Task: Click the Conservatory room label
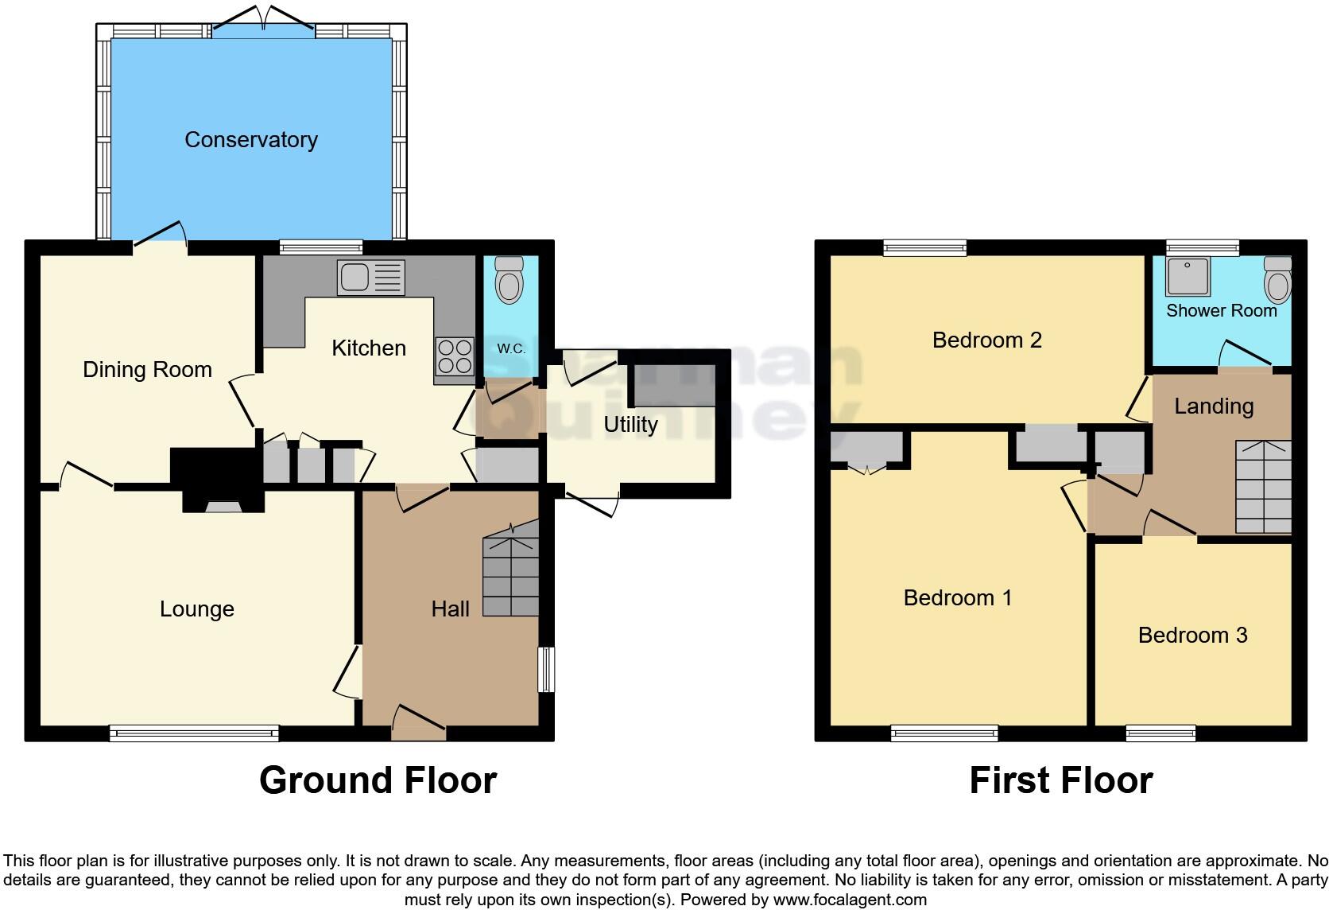(x=251, y=140)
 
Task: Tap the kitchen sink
(x=370, y=278)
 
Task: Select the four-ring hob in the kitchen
(x=455, y=356)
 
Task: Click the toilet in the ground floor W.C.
(x=508, y=280)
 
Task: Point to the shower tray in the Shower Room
(x=1188, y=275)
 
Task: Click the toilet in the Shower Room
(x=1277, y=280)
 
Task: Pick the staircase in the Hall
(x=511, y=574)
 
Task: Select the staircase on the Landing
(x=1263, y=487)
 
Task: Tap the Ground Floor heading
(x=378, y=780)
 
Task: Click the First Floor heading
(x=1060, y=780)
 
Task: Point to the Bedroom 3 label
(x=1192, y=635)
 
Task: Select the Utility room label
(x=630, y=424)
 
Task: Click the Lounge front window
(x=194, y=733)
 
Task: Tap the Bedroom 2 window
(x=924, y=247)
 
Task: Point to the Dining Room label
(x=147, y=369)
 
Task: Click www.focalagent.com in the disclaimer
(x=850, y=900)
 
